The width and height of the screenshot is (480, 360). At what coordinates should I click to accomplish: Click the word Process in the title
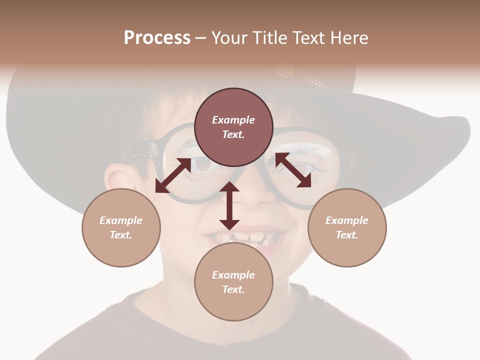tap(157, 38)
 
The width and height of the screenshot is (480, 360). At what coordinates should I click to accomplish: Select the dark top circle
tap(233, 127)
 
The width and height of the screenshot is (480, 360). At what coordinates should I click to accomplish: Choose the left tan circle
tap(121, 227)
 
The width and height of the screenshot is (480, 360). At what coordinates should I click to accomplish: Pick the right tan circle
tap(347, 227)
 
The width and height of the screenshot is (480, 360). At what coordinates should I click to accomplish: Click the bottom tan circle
tap(233, 282)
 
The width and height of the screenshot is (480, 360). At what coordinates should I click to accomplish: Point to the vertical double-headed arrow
tap(229, 205)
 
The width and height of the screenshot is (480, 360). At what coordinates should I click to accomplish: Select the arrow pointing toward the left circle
tap(173, 175)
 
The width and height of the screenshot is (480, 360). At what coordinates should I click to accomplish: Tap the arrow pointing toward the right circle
tap(293, 170)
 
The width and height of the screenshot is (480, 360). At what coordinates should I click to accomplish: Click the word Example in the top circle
tap(233, 120)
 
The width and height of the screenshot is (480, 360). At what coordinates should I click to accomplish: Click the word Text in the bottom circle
tap(233, 289)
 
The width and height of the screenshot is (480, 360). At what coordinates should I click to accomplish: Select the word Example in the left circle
tap(121, 220)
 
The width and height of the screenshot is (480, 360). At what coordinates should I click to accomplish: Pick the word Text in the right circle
tap(346, 235)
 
